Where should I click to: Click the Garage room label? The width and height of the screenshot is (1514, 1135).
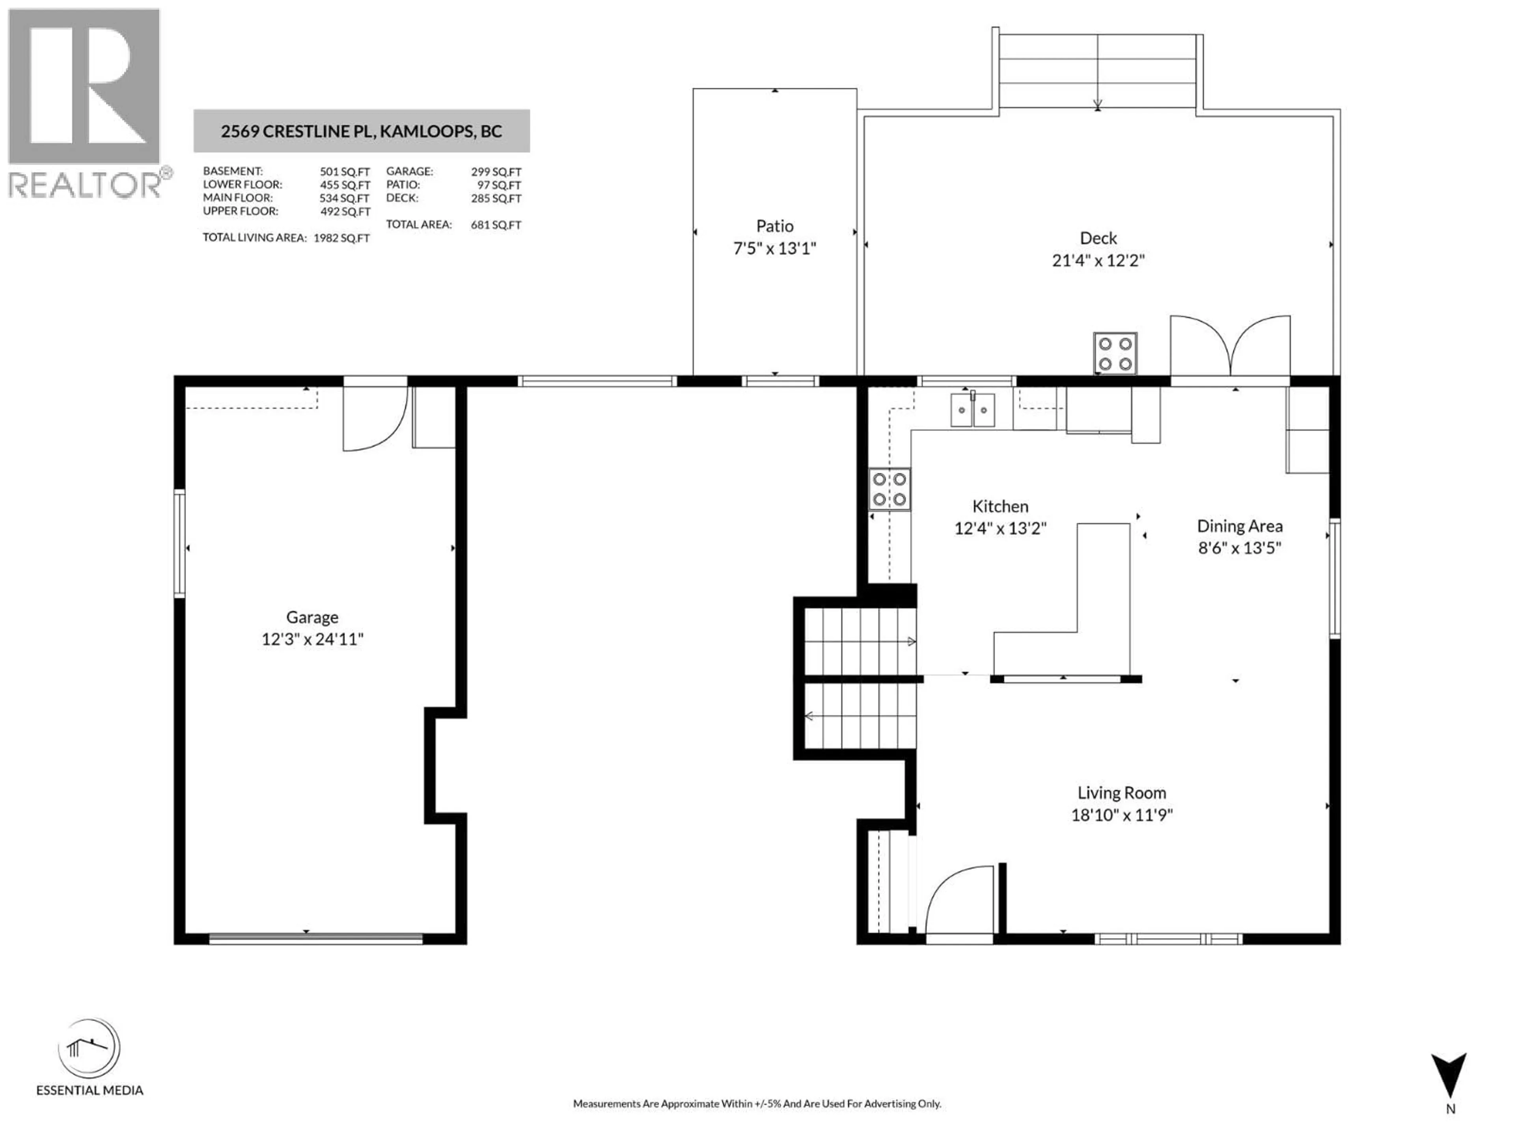pos(312,617)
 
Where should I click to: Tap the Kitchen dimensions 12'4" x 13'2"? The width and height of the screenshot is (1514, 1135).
pos(1000,528)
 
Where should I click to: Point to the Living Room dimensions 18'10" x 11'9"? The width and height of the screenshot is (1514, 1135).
pos(1121,815)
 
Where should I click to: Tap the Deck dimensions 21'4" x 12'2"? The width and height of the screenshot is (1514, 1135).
pos(1098,260)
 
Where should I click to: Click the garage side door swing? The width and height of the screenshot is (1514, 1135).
pos(375,419)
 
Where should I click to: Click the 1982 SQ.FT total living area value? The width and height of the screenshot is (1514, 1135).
pos(341,238)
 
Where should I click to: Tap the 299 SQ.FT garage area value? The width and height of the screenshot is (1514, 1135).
pos(496,172)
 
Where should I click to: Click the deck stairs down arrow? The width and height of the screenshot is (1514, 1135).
pos(1097,104)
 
